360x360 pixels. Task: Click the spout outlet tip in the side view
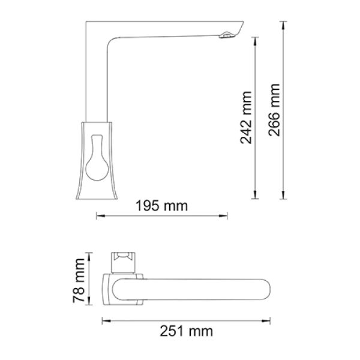coord(227,37)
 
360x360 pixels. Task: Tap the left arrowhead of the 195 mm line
coord(98,215)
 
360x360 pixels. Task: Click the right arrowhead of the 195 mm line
coord(226,215)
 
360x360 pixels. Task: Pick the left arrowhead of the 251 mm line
coord(104,319)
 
